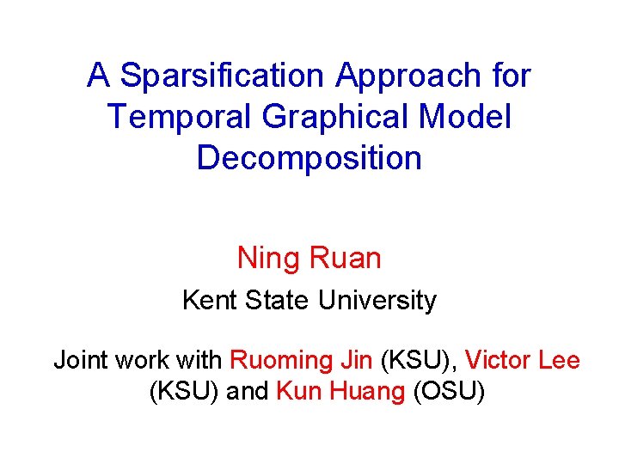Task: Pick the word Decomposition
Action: click(309, 158)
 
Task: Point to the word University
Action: click(377, 301)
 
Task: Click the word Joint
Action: click(80, 359)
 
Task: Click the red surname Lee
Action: click(560, 359)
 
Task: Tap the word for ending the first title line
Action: click(513, 76)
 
